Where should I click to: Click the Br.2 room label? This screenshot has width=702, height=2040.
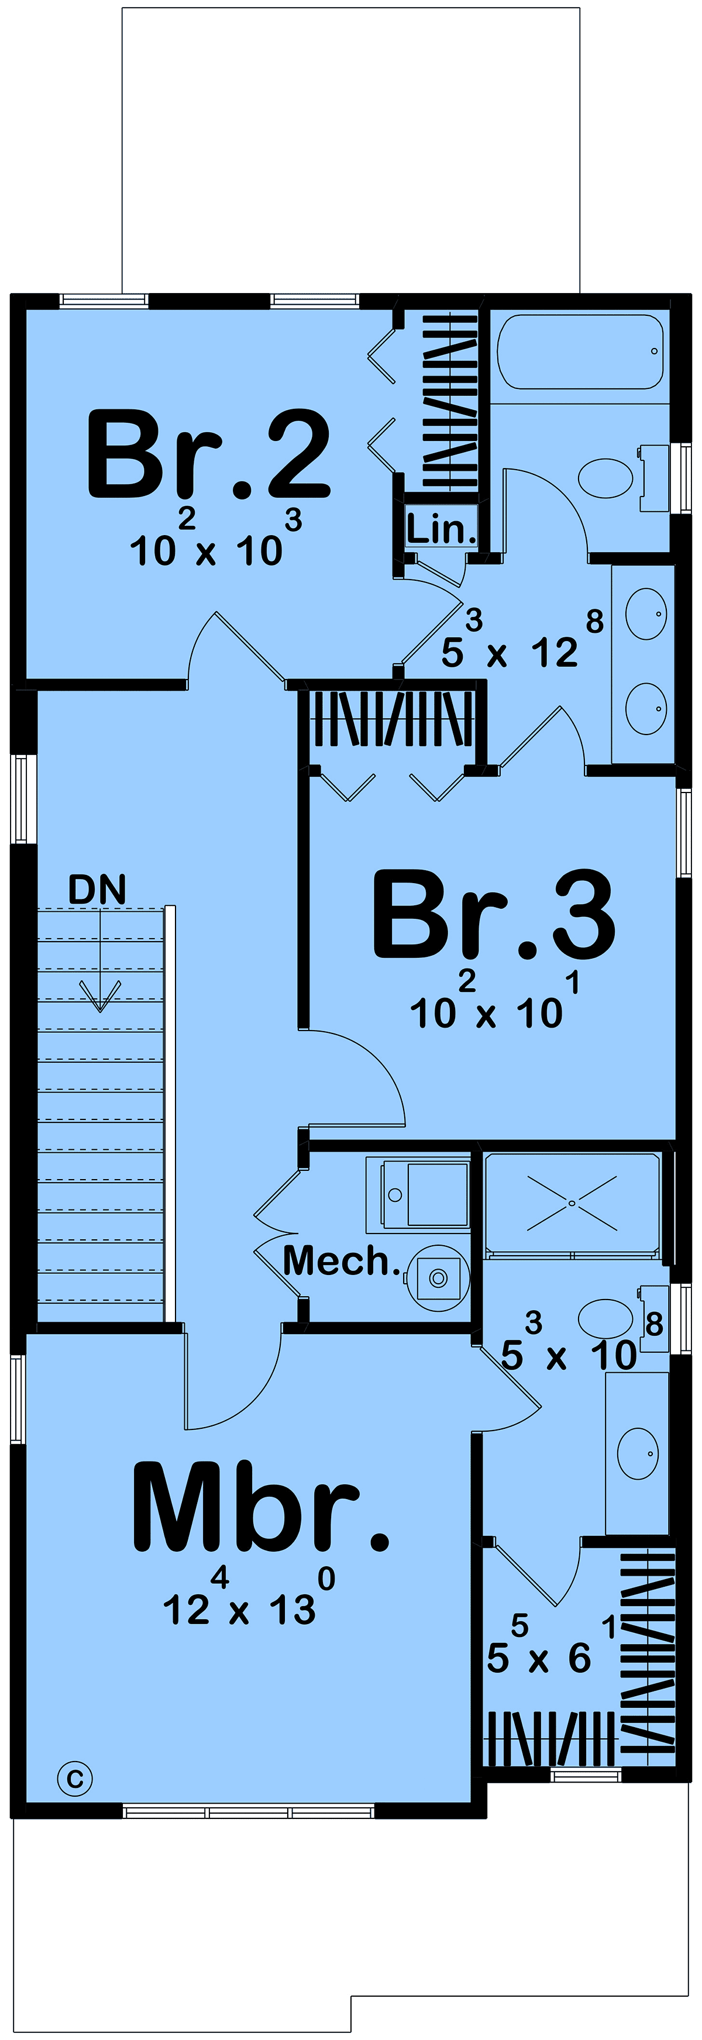(208, 454)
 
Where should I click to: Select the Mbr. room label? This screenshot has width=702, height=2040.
(261, 1507)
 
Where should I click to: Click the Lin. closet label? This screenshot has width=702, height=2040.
(441, 529)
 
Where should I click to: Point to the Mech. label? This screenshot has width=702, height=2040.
(342, 1262)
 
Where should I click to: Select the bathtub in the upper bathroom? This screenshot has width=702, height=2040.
(580, 352)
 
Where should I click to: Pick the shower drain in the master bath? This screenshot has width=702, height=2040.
(572, 1203)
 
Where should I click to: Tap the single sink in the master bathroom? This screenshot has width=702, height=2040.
(638, 1453)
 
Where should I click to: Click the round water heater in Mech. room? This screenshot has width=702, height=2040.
(438, 1277)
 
